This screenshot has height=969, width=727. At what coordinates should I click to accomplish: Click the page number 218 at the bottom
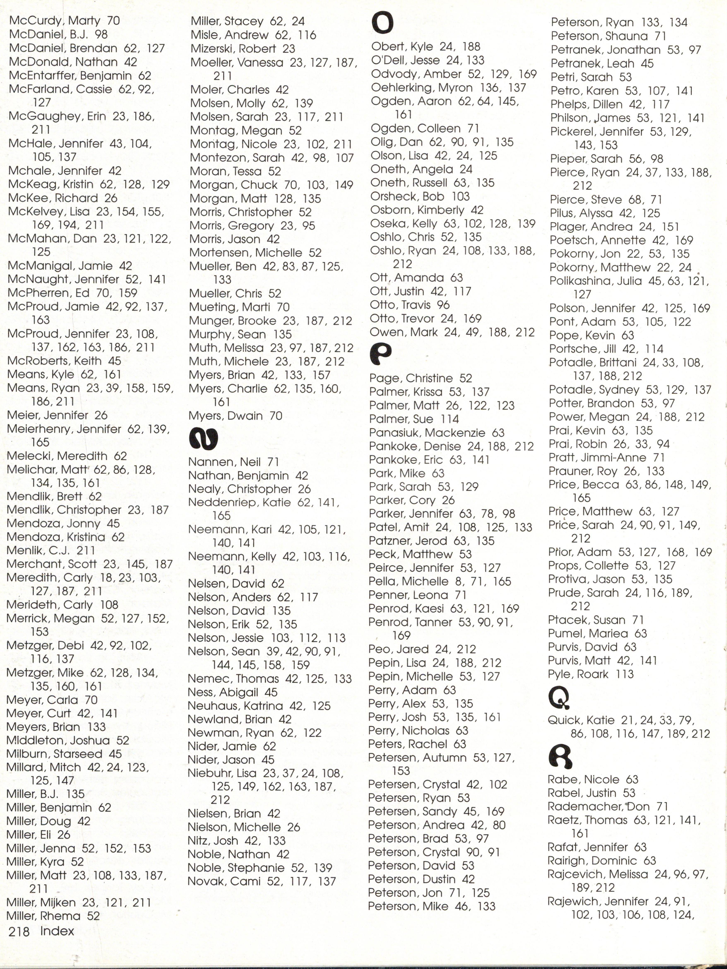pyautogui.click(x=19, y=931)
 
